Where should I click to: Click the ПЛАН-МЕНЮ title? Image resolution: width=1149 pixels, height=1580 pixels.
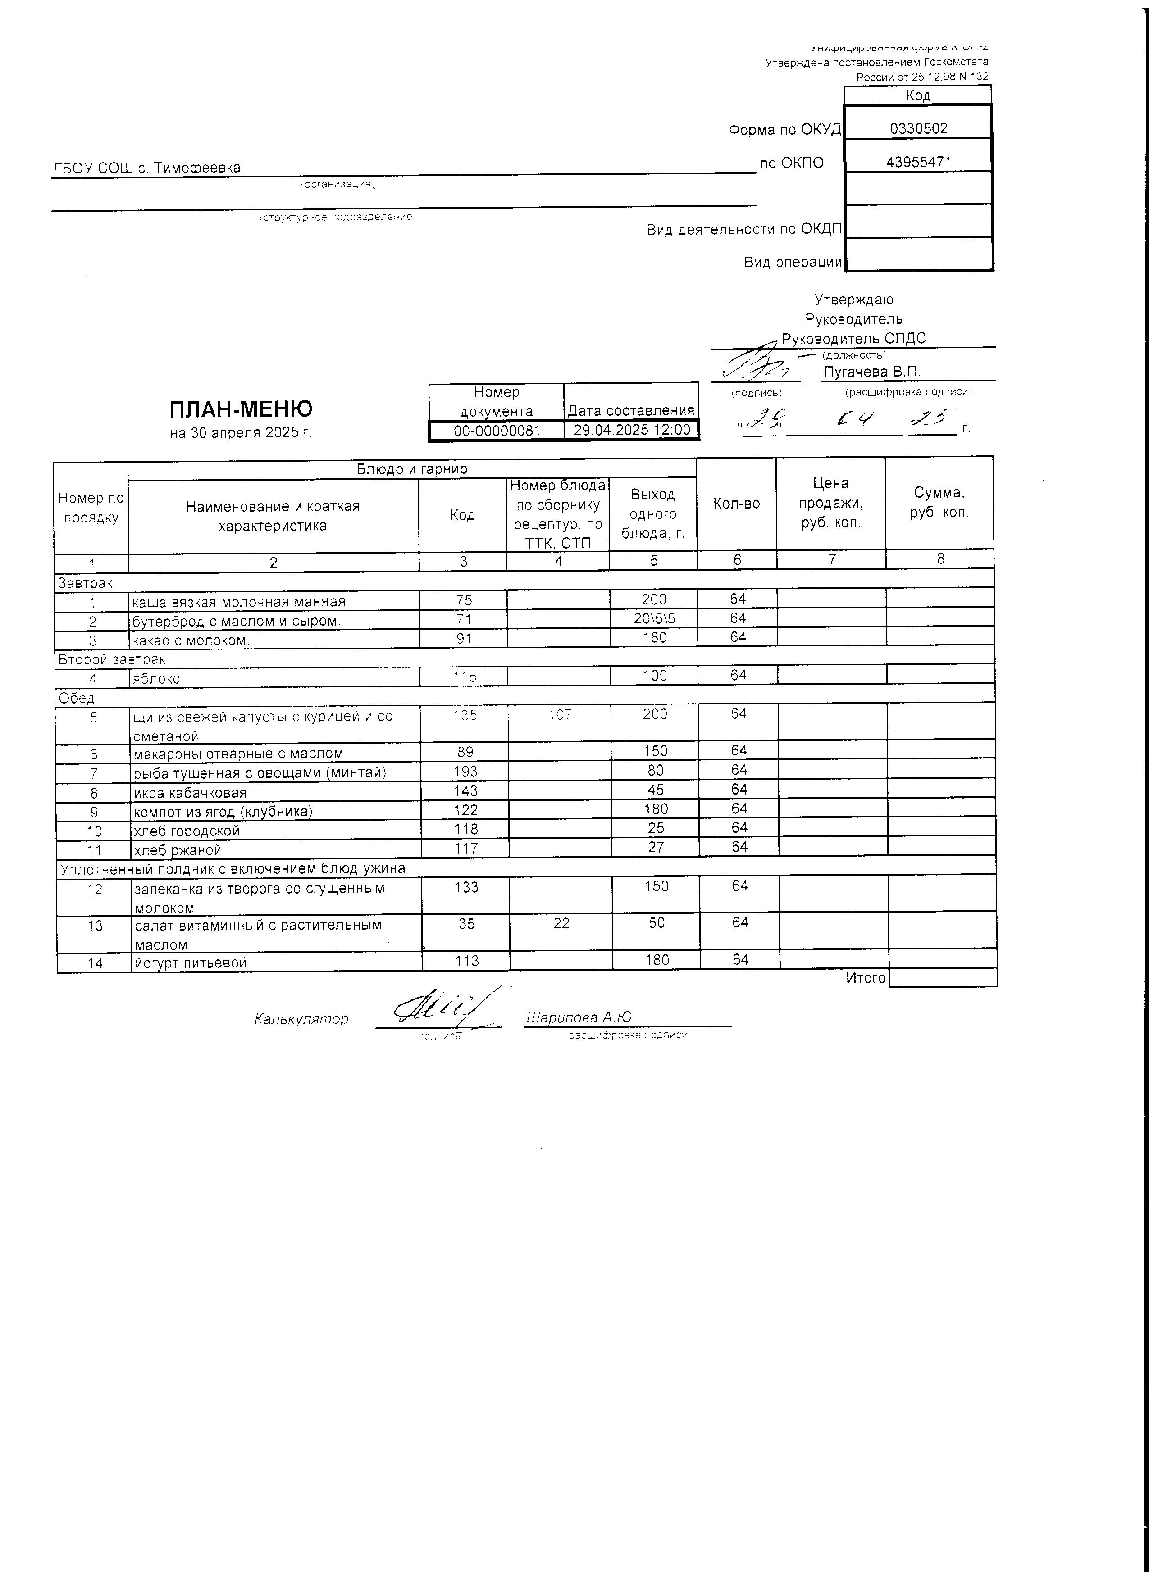click(x=241, y=408)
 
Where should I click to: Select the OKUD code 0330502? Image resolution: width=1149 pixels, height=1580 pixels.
click(x=918, y=129)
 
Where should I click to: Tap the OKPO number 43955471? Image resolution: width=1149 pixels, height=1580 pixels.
click(x=918, y=162)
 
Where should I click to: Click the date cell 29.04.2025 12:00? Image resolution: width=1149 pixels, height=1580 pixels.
click(x=631, y=430)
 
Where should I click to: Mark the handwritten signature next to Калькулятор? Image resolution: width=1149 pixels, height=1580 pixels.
click(x=446, y=1008)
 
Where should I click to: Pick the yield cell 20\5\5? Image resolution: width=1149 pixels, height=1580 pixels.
click(x=654, y=619)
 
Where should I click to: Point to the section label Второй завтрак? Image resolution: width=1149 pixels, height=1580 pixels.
click(x=111, y=659)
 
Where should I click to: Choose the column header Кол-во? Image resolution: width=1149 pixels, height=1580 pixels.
click(x=737, y=504)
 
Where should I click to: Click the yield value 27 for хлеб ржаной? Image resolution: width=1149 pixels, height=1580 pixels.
click(x=655, y=848)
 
